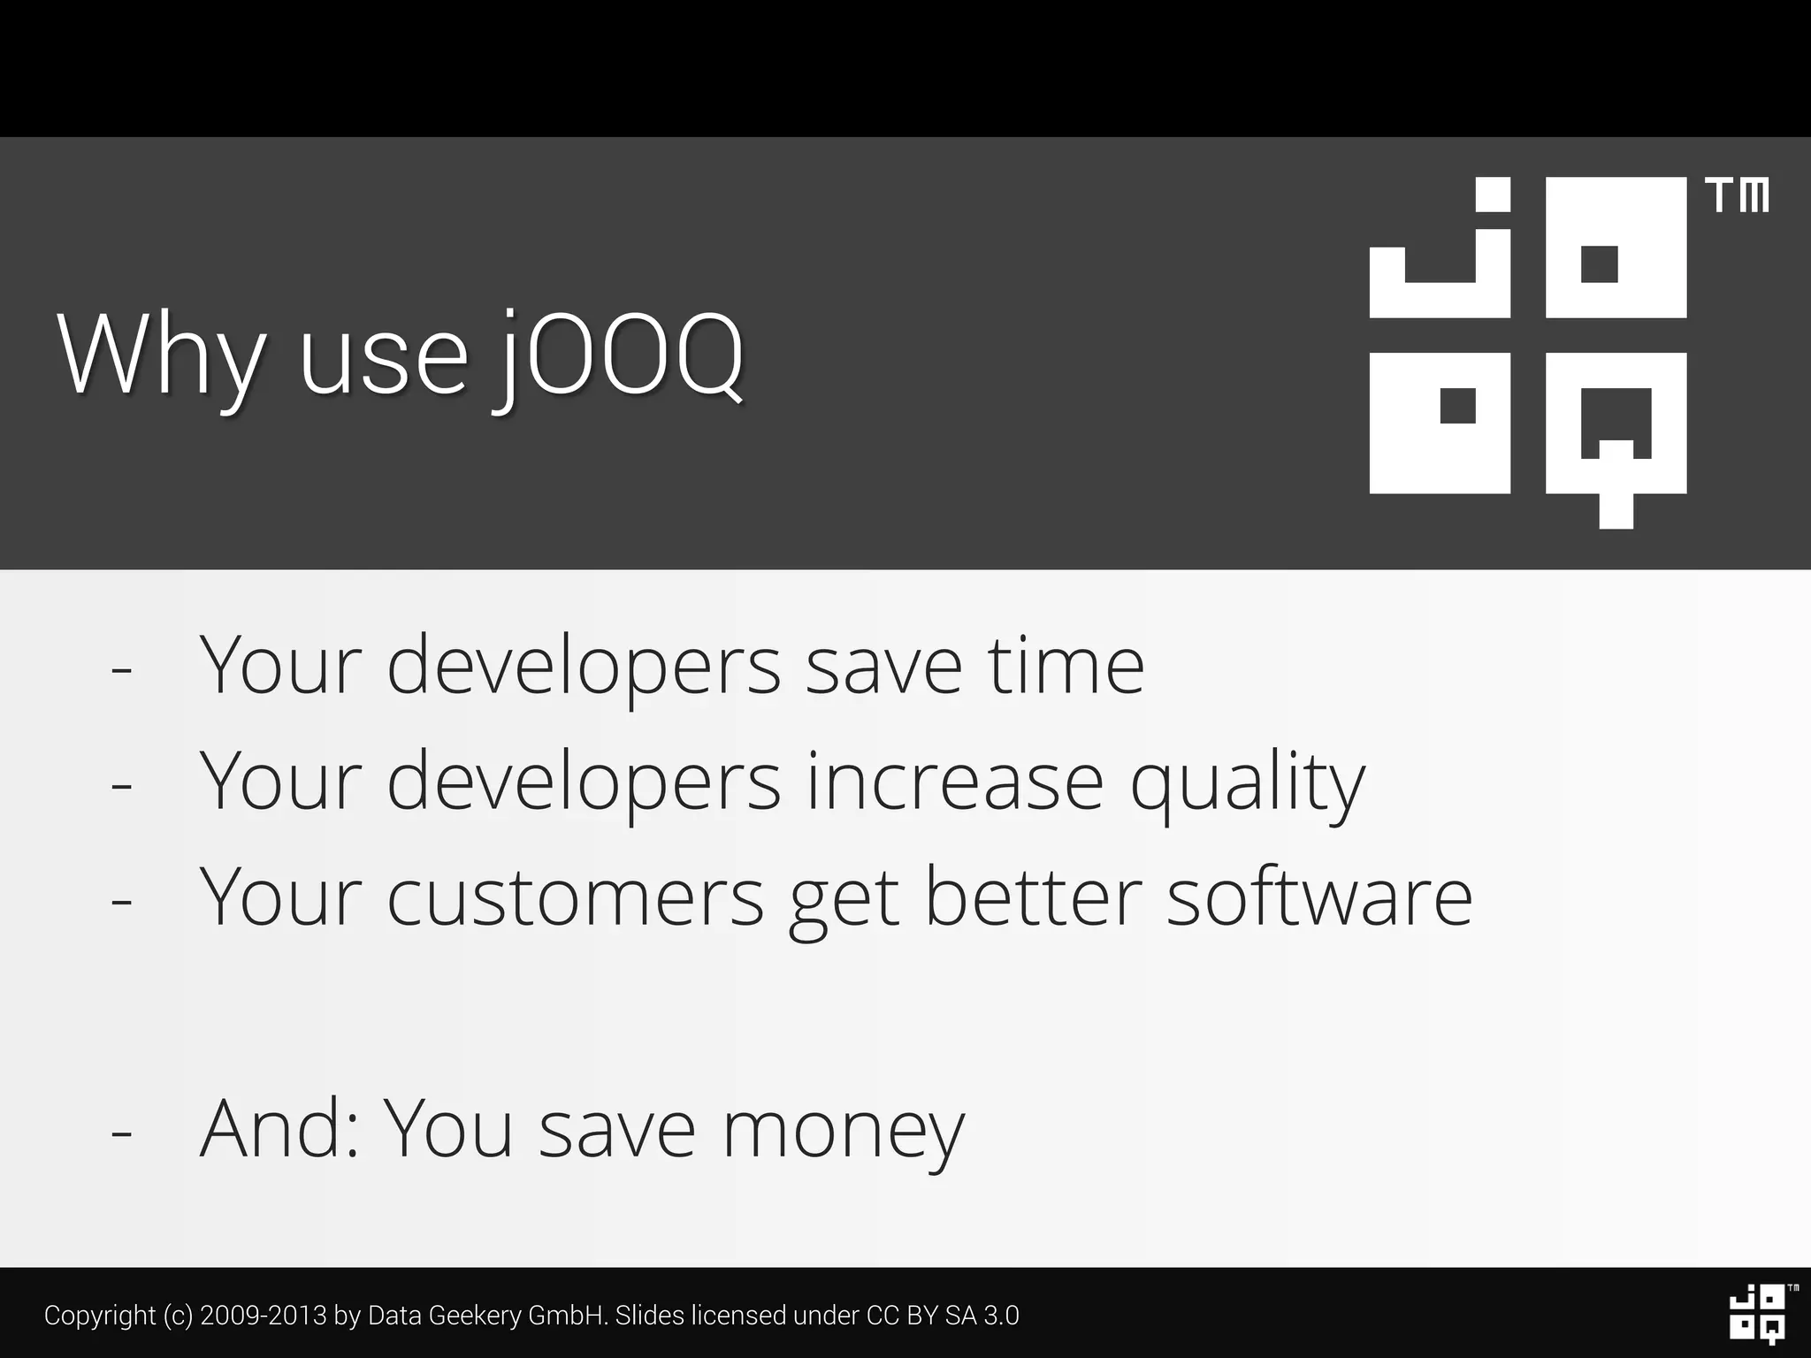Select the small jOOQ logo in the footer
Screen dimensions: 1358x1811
[1757, 1314]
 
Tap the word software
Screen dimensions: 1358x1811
[1319, 897]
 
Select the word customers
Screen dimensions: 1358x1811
[575, 897]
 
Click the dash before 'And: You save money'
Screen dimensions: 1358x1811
[121, 1132]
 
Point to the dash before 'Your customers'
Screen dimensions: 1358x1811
[121, 901]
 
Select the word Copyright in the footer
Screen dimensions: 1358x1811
[100, 1316]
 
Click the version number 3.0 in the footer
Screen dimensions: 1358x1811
[1001, 1316]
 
